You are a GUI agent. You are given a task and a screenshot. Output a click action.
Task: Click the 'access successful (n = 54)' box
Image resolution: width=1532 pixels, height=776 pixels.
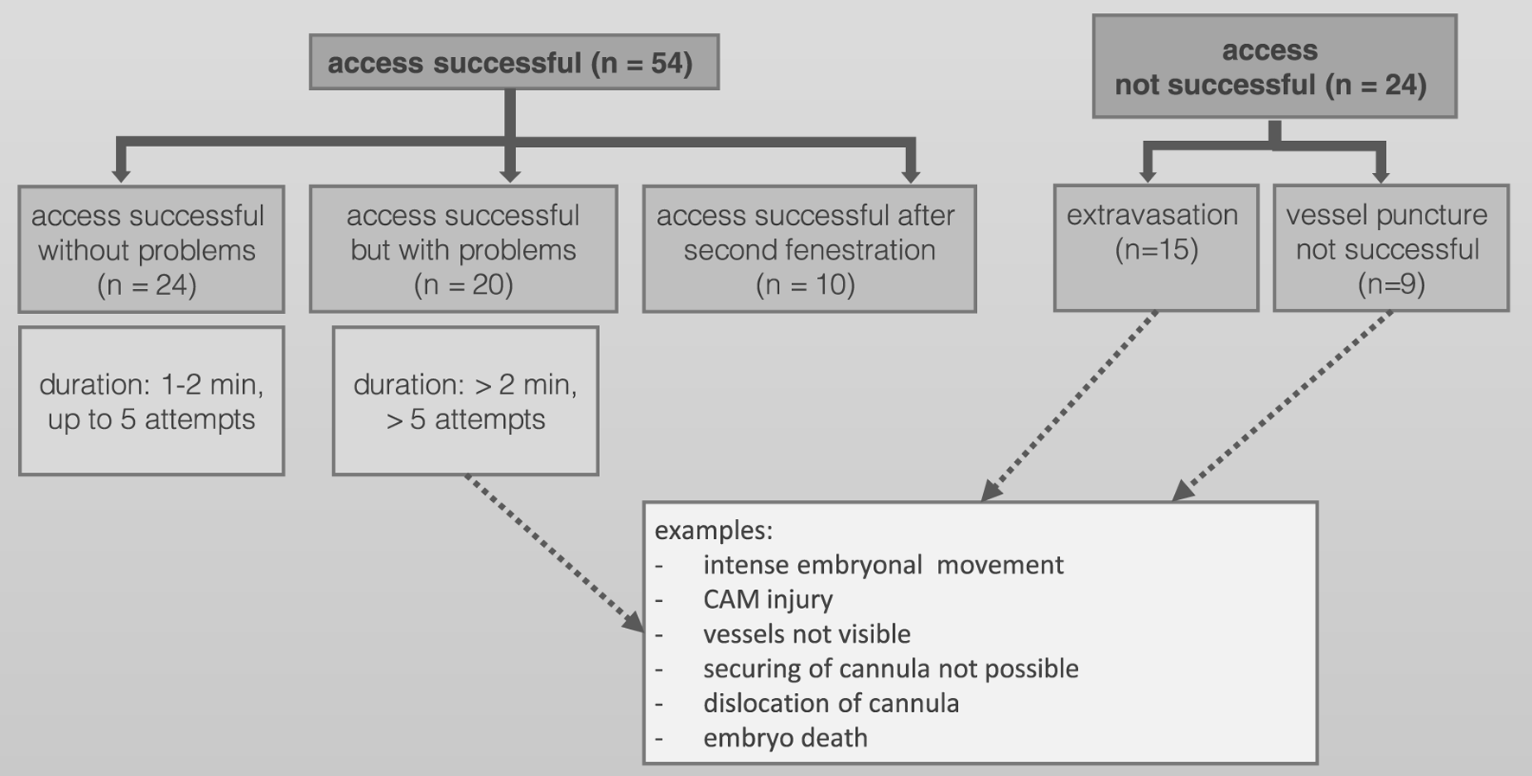coord(514,62)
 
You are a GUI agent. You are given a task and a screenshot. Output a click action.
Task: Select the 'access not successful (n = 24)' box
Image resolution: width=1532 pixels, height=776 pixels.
coord(1274,67)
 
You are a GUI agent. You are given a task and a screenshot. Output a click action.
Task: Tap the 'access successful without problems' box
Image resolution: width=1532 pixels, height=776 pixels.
coord(151,249)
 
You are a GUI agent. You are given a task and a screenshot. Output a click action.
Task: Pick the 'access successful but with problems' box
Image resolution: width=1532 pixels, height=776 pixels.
coord(463,249)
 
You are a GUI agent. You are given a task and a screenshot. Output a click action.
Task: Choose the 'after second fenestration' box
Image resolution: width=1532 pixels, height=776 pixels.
coord(809,249)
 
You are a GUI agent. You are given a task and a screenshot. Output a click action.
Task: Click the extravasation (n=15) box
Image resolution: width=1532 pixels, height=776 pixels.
coord(1156,247)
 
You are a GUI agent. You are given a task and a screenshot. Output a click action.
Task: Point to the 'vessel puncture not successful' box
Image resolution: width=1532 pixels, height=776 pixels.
coord(1391,247)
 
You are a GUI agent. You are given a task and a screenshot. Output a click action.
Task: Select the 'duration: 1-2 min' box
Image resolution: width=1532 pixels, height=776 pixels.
coord(151,401)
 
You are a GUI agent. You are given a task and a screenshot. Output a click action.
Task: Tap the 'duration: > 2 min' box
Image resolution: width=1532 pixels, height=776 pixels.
coord(465,401)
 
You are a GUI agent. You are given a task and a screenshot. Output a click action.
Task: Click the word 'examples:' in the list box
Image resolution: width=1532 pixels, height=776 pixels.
coord(713,529)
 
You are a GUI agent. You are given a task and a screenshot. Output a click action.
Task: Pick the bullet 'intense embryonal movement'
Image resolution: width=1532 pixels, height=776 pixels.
coord(884,565)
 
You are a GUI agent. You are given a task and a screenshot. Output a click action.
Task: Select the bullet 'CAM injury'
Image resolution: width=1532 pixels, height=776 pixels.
coord(768,600)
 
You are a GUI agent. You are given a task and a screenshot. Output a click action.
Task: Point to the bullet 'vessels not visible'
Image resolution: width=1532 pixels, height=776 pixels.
coord(807,634)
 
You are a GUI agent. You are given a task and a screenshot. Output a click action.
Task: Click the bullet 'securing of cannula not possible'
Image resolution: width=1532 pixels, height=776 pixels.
coord(890,669)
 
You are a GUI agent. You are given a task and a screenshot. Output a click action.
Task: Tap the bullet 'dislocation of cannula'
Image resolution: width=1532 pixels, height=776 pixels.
coord(831,703)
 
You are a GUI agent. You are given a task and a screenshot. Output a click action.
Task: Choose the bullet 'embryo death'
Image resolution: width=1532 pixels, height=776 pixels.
coord(785,738)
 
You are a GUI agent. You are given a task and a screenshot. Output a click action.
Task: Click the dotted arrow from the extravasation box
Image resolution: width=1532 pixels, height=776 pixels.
coord(1069,407)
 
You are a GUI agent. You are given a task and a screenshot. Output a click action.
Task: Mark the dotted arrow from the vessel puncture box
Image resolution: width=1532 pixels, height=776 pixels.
coord(1282,407)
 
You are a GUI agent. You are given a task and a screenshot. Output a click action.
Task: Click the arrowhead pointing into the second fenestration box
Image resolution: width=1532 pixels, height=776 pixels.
coord(910,175)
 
